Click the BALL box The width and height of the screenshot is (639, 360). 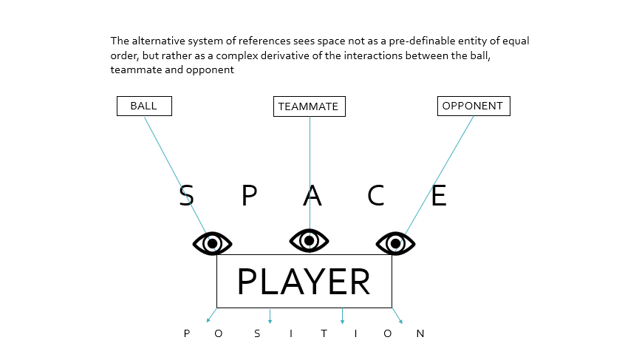point(144,106)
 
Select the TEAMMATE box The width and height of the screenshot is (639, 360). point(309,106)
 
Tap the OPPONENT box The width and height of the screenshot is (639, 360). point(473,106)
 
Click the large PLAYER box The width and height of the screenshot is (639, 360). point(304,281)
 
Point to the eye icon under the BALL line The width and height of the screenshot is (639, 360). point(212,242)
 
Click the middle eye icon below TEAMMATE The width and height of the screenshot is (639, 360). point(309,240)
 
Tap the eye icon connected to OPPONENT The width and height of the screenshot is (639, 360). point(396,242)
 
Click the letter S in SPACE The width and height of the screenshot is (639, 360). point(187,196)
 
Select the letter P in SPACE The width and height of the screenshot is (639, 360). point(250,196)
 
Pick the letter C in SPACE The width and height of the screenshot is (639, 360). point(376,196)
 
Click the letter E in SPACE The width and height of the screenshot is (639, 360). point(439,196)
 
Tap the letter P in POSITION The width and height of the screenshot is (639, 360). point(187,333)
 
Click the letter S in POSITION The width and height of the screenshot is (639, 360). point(257,333)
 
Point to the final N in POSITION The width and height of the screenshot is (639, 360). point(420,333)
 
